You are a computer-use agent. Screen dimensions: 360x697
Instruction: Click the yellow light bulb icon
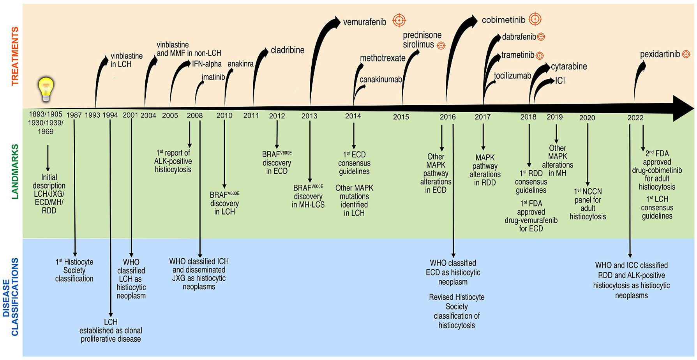point(46,89)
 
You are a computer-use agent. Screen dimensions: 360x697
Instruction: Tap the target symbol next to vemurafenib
point(399,20)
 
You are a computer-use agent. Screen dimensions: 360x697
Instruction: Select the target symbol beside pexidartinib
point(686,54)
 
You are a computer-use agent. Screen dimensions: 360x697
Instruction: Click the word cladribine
point(288,50)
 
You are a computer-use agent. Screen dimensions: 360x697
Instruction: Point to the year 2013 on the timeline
point(309,116)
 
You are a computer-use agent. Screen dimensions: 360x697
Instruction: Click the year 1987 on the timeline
point(74,115)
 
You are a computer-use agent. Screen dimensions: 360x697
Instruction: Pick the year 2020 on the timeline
point(587,118)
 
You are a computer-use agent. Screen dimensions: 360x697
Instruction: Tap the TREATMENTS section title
point(15,56)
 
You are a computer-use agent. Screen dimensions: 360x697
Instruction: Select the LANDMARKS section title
point(15,171)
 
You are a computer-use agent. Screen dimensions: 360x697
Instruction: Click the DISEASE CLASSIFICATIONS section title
point(11,297)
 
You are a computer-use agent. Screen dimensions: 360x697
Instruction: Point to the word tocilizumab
point(512,76)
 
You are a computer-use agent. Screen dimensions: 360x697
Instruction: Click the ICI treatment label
point(560,81)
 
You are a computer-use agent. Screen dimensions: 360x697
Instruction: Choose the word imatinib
point(213,77)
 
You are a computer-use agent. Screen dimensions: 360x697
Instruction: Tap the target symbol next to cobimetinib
point(535,19)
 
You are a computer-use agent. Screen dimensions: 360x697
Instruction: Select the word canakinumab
point(380,80)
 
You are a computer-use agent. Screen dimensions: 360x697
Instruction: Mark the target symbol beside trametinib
point(540,56)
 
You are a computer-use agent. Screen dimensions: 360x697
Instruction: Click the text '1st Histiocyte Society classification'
point(74,270)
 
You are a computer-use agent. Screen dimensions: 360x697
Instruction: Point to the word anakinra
point(240,64)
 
